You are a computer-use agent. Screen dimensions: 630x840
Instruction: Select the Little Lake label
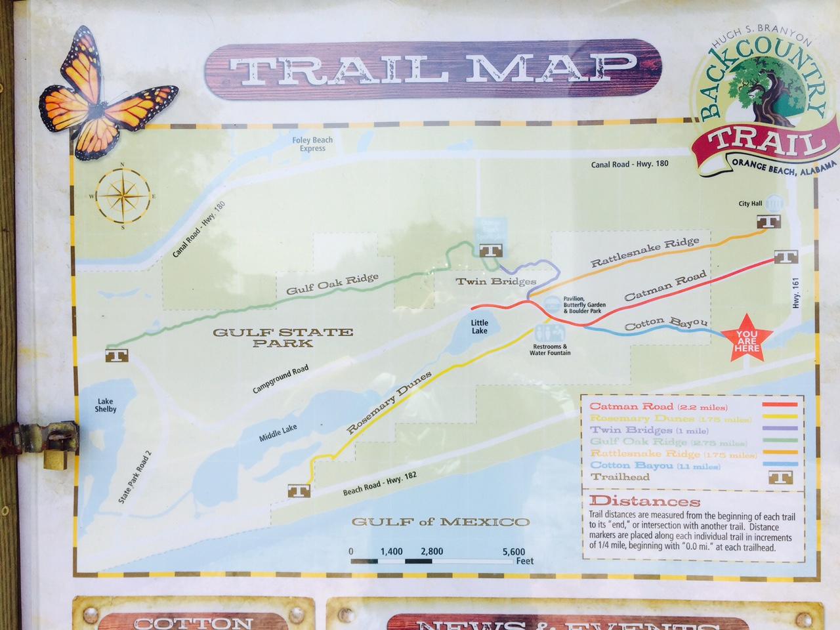tap(480, 327)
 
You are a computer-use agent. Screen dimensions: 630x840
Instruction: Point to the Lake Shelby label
tap(106, 405)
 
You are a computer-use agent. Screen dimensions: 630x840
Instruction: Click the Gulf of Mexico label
tap(440, 522)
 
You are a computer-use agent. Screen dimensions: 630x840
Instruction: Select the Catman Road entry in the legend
tap(630, 407)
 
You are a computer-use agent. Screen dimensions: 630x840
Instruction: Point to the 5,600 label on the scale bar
tap(513, 551)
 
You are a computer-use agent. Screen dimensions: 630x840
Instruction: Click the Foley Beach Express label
tap(313, 144)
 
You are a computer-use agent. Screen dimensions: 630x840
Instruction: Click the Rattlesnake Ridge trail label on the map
tap(644, 253)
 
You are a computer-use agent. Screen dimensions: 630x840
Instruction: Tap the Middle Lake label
tap(278, 430)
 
